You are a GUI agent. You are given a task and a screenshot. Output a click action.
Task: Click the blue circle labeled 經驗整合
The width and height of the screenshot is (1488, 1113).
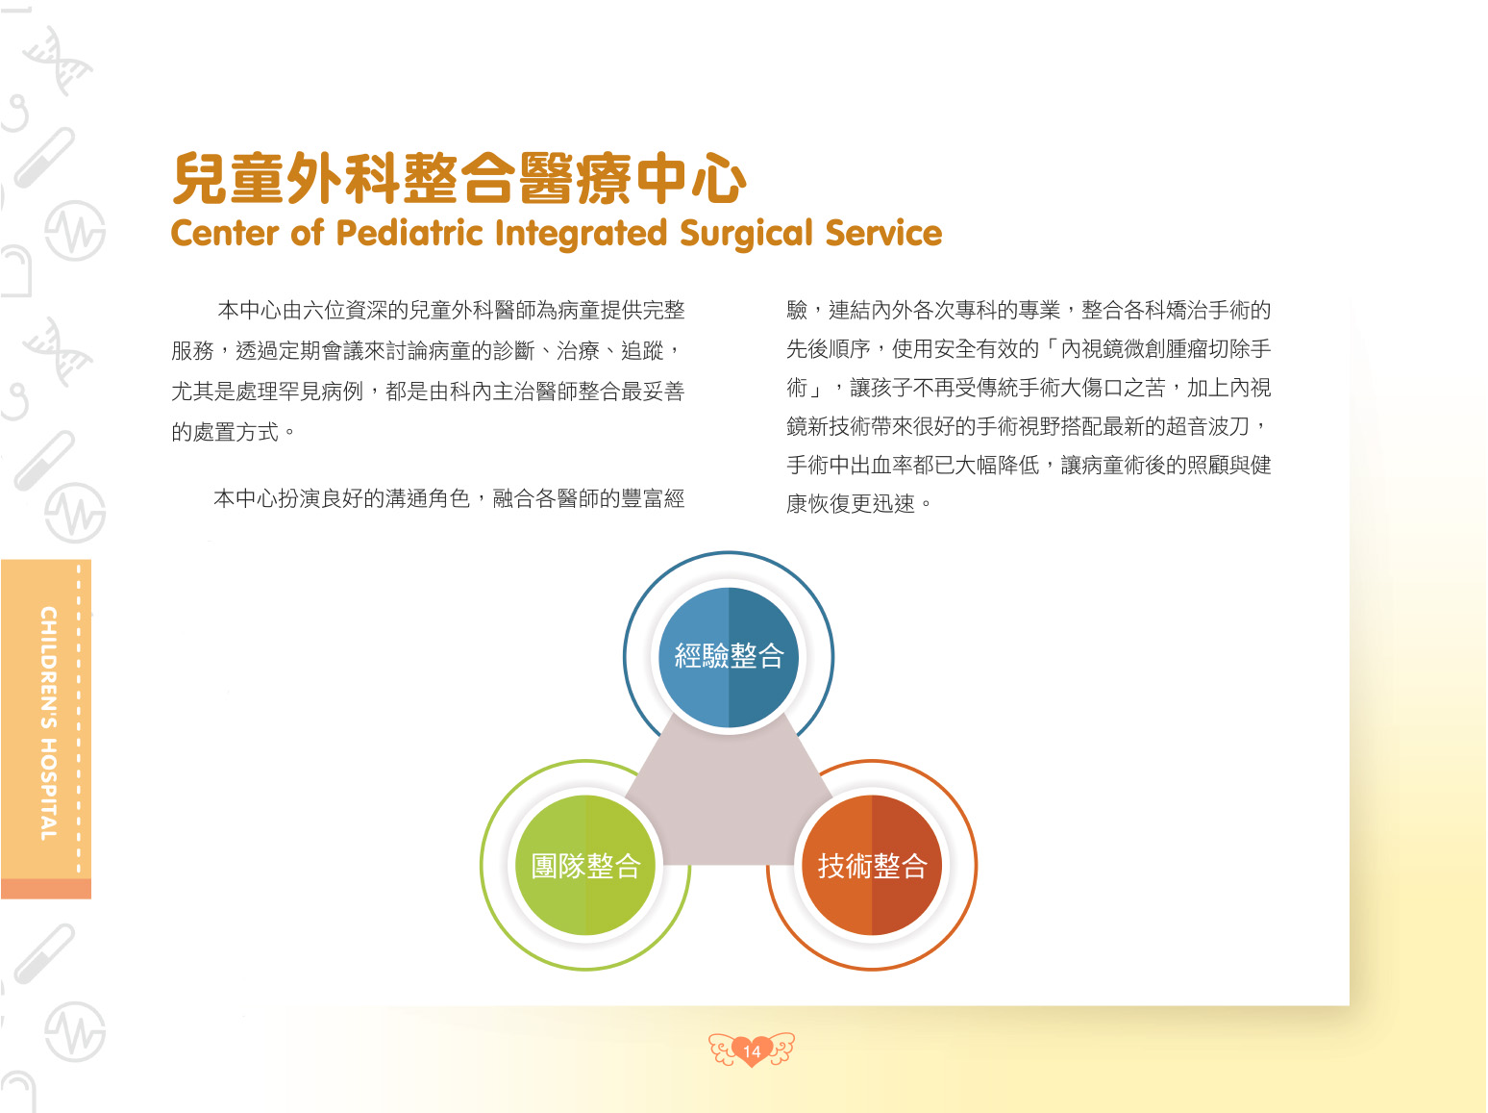coord(729,656)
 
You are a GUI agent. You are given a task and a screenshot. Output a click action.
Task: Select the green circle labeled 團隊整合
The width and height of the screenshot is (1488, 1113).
coord(585,866)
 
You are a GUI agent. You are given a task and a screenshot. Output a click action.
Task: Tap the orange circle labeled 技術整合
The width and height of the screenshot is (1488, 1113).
coord(872,866)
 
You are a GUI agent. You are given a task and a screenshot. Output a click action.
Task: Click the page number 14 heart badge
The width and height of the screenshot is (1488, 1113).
coord(752,1050)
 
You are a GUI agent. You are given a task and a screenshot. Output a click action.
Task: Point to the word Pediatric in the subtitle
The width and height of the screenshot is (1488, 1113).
coord(409,233)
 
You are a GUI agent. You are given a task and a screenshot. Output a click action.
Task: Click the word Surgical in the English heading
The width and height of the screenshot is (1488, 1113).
coord(746,234)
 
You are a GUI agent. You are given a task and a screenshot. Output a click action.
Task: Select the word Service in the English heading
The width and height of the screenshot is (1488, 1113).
coord(883,233)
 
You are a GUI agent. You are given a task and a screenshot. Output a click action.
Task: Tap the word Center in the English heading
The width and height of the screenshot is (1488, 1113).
coord(224,234)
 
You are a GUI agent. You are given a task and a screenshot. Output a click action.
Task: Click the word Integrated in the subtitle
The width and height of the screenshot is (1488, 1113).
coord(581,234)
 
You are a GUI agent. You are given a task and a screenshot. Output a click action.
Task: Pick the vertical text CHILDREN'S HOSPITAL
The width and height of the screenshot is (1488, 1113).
coord(48,723)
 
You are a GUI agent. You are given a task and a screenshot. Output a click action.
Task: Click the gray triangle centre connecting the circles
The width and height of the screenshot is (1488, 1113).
coord(729,800)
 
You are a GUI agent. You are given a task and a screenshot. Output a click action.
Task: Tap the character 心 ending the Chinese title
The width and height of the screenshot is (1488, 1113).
coord(719,178)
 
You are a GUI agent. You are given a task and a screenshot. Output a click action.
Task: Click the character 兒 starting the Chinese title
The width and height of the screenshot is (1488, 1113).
coord(200,178)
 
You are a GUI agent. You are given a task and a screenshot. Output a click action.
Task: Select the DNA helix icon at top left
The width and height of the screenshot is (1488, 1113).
coord(58,61)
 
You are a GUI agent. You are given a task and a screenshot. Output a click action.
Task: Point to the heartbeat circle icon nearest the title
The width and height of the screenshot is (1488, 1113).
coord(75,231)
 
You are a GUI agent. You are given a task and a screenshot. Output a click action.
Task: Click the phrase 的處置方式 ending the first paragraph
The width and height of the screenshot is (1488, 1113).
coord(224,432)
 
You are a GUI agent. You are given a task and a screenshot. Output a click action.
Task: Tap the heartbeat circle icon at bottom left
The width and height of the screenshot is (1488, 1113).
coord(75,1031)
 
